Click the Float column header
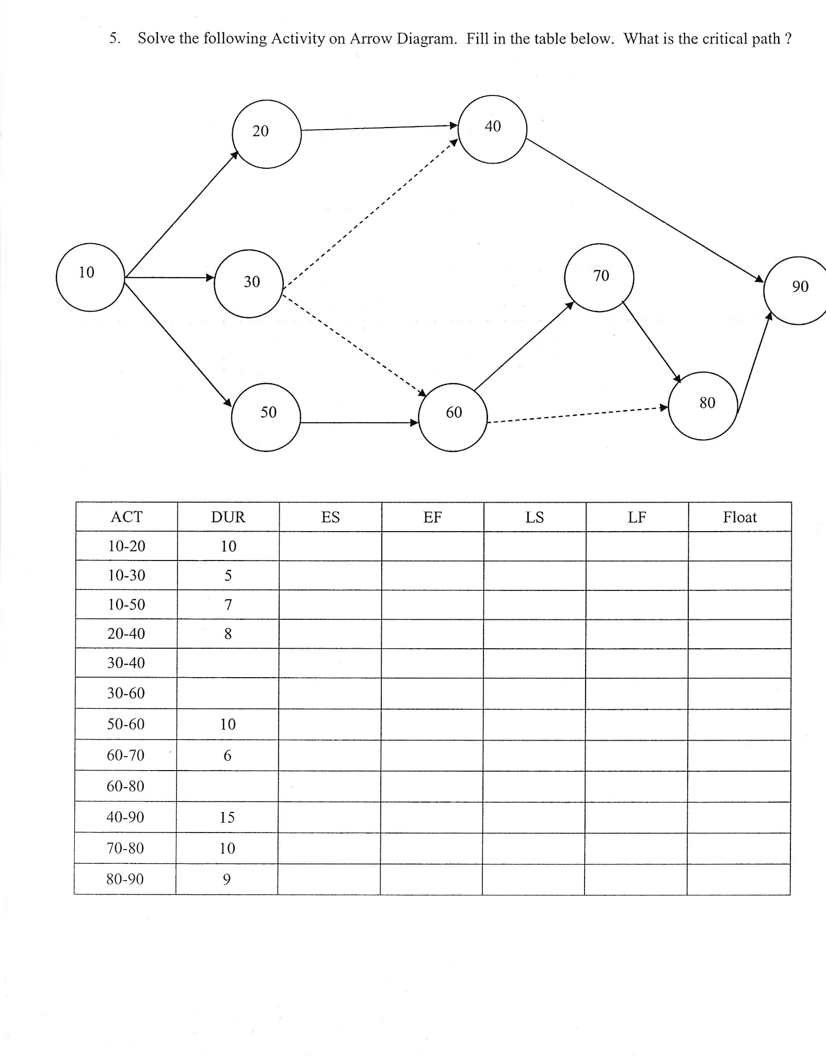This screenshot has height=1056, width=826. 739,517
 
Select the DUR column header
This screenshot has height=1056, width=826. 228,517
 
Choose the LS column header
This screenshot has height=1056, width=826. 535,517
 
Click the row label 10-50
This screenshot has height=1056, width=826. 126,604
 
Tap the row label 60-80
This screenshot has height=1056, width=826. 125,786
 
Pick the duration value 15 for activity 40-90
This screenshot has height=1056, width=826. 227,817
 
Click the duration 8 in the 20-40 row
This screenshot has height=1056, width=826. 228,634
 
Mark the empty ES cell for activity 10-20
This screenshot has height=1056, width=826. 330,546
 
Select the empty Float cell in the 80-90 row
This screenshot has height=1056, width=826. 738,879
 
